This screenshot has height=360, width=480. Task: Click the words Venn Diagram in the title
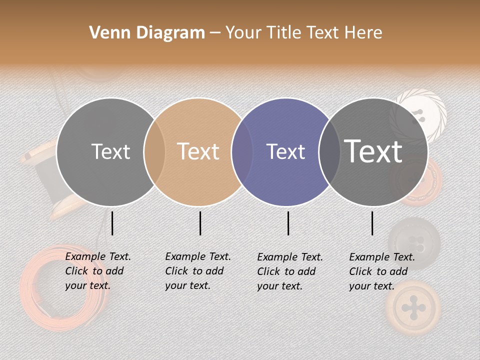[x=147, y=33]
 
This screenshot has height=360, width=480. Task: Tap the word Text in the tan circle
[x=198, y=151]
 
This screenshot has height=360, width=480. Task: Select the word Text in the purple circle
[x=285, y=151]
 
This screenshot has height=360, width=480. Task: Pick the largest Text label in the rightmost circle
[x=373, y=151]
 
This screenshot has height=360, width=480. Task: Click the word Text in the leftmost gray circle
[x=110, y=151]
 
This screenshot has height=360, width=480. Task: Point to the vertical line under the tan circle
[x=200, y=223]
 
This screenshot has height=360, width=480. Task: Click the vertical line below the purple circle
[x=288, y=223]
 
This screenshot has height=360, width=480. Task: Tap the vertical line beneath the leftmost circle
[x=112, y=223]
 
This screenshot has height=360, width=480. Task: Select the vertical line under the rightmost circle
[x=372, y=223]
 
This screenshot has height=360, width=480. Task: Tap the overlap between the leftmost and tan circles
[x=154, y=151]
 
